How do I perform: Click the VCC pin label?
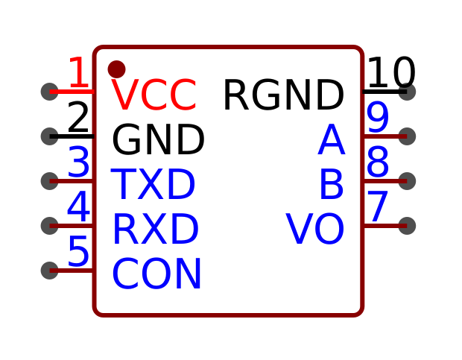click(x=154, y=96)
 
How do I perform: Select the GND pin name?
click(x=158, y=141)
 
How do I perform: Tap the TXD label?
click(x=154, y=186)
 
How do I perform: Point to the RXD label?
click(x=155, y=230)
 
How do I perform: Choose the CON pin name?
click(x=156, y=275)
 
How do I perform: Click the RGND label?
click(x=283, y=96)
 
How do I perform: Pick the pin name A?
click(x=331, y=141)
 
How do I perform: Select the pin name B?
click(x=331, y=186)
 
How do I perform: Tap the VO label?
click(x=315, y=230)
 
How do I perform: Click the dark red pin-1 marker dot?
click(x=116, y=69)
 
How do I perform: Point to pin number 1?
click(x=78, y=74)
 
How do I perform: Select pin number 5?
click(x=78, y=253)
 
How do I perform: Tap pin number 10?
click(x=391, y=74)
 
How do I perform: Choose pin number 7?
click(x=378, y=208)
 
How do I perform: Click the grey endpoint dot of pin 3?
click(x=49, y=181)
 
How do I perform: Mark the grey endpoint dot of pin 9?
click(x=407, y=136)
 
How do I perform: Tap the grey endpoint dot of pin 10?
click(x=407, y=92)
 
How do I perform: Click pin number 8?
click(x=378, y=163)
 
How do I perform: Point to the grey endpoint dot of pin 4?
click(x=49, y=226)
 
